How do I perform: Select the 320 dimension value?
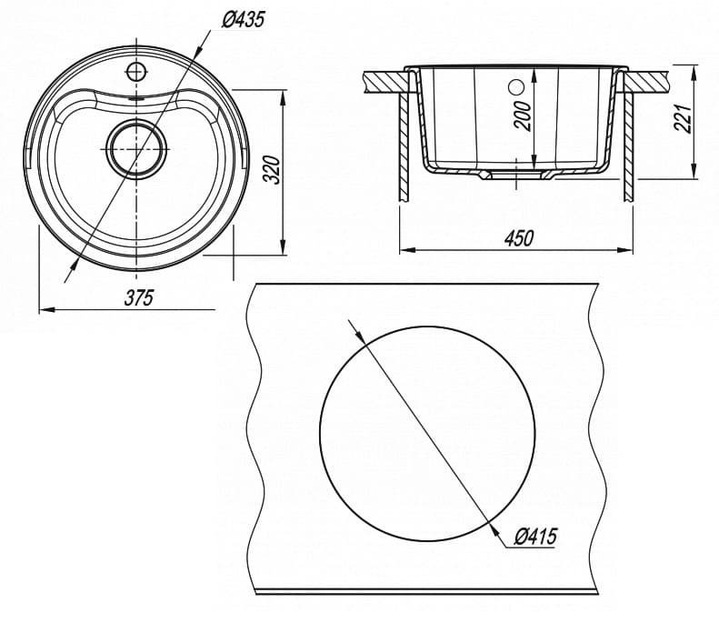click(269, 170)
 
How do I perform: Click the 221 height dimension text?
click(684, 117)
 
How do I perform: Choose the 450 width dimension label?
click(517, 237)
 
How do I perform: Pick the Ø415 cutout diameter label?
click(534, 537)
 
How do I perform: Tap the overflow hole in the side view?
click(517, 88)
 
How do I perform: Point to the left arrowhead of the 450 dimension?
click(405, 249)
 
